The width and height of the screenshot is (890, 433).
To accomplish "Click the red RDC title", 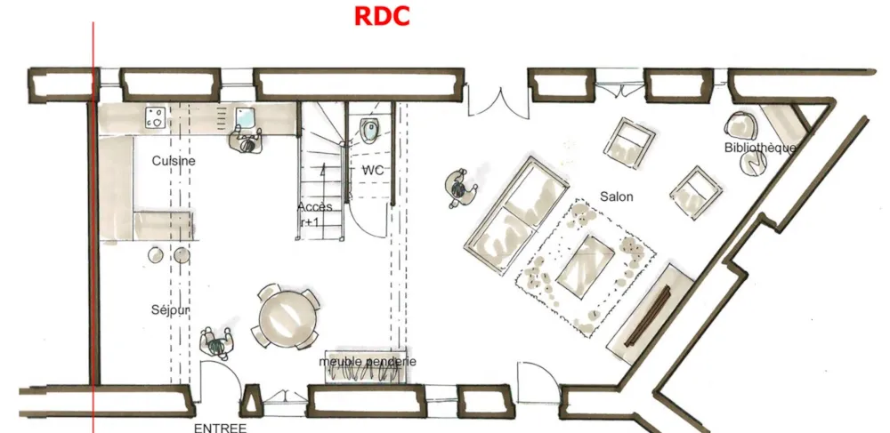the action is coord(382,16).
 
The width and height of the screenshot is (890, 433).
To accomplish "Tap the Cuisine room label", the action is coord(174,161).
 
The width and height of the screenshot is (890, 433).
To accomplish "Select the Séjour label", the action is coord(170,310).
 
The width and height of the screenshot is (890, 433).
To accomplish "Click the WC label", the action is coord(373,170).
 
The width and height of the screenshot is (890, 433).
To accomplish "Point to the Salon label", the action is coord(617,196).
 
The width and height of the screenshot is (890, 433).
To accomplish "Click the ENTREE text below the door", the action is coord(220,428).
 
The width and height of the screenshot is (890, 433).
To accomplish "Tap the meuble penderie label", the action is coord(368,361).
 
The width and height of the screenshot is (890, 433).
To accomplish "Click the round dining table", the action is coord(286,318).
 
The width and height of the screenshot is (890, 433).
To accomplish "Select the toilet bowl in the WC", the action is coord(369,130).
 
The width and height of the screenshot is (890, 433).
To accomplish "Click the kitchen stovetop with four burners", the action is coord(155,117).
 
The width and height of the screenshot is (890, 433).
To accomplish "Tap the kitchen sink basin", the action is coord(246,118).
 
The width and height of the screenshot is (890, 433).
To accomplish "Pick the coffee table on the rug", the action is coord(586,265).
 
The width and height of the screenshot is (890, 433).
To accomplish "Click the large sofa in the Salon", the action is coord(516,215).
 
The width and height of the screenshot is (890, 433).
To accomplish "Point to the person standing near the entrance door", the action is coord(217,343).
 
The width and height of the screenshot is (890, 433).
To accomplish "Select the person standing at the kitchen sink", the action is coord(246,140).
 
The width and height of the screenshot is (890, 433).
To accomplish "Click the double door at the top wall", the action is coord(498,101).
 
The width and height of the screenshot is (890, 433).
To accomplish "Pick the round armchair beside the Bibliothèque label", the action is coord(740,125).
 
